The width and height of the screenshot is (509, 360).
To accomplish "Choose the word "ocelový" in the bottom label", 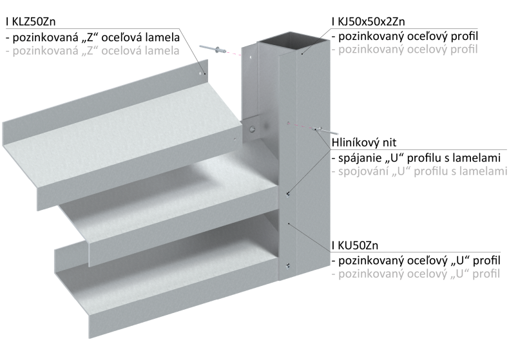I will tap(426, 275).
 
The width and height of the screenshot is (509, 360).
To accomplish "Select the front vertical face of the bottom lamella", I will tap(161, 309).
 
